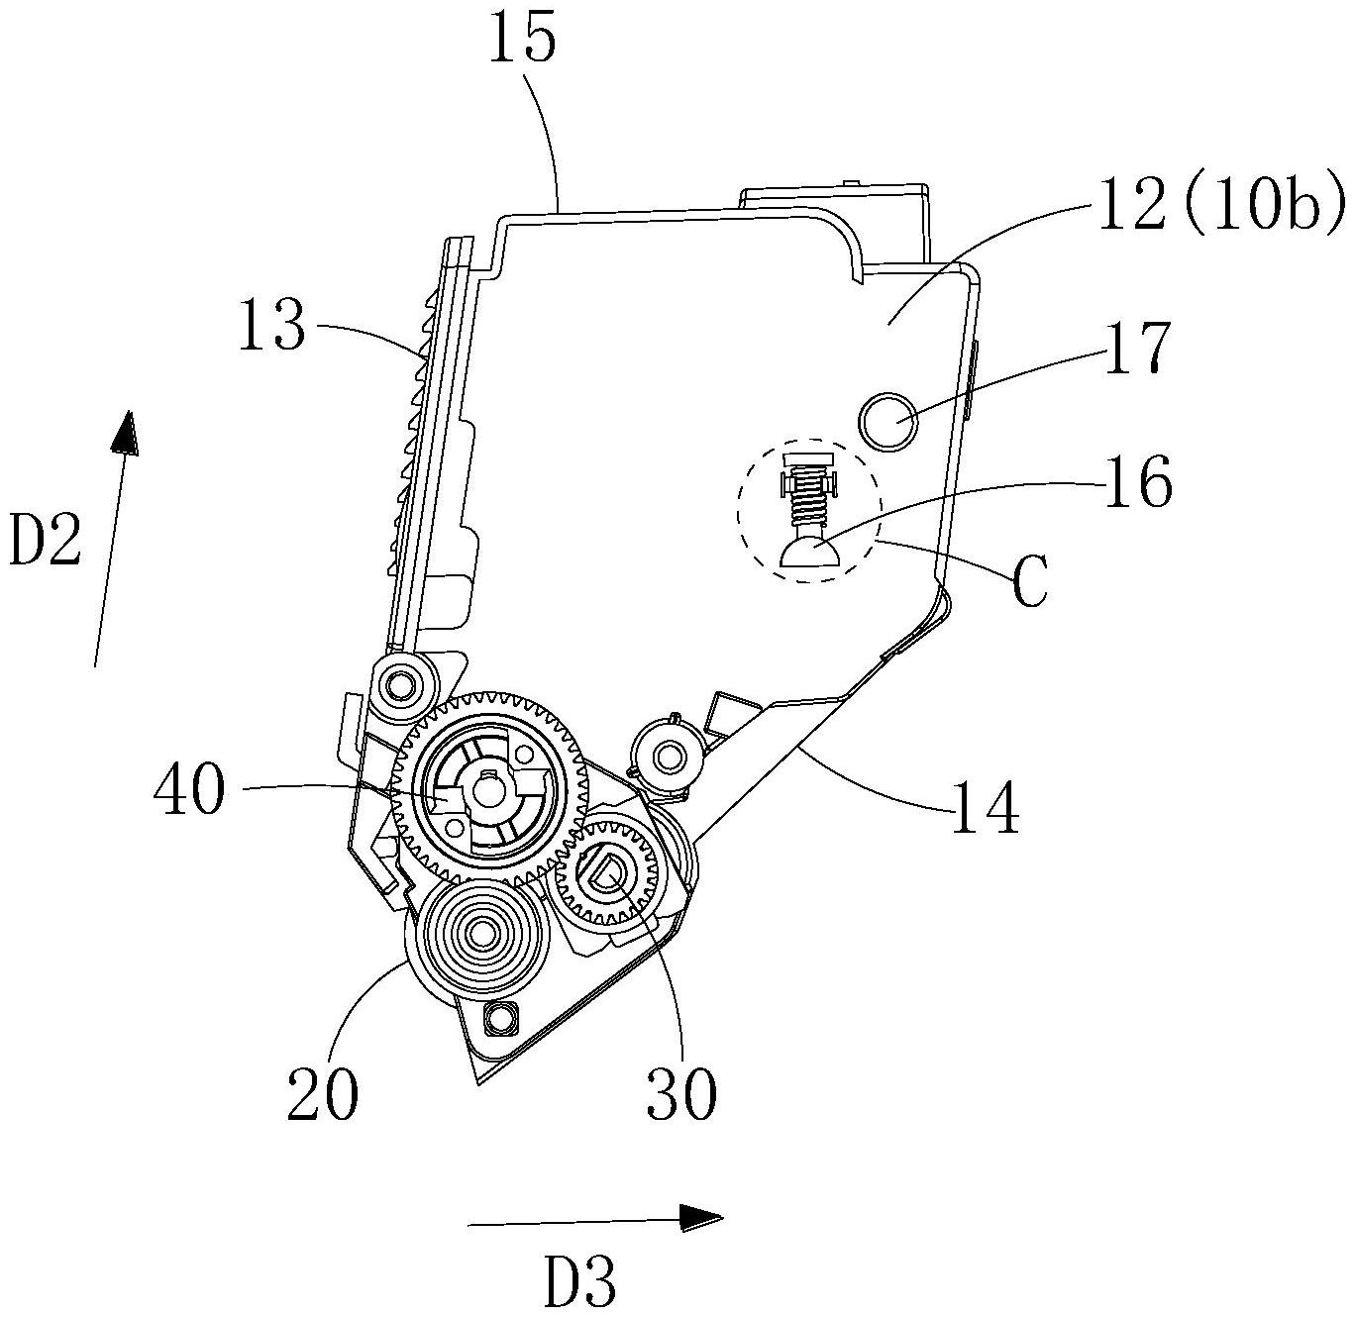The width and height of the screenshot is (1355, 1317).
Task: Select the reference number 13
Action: click(x=271, y=325)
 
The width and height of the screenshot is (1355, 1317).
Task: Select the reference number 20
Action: click(x=323, y=1093)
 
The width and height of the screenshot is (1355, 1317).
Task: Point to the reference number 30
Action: click(x=681, y=1093)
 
